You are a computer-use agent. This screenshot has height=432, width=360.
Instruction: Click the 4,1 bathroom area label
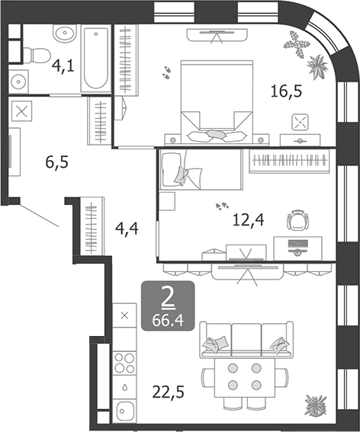coord(63,66)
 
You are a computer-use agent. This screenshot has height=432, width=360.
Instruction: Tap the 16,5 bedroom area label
coord(286,91)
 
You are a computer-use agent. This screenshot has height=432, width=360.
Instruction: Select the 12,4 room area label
coord(249,220)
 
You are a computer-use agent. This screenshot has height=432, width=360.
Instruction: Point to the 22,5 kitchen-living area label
coord(168,392)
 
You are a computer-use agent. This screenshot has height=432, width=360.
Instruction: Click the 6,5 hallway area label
coord(57,162)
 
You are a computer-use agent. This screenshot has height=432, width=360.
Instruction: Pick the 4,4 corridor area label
coord(127,229)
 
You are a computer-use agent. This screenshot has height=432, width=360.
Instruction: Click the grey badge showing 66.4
coord(168,306)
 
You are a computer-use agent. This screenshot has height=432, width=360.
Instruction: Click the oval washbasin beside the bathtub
coord(65,33)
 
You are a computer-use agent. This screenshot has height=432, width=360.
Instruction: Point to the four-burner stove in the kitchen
coord(124,363)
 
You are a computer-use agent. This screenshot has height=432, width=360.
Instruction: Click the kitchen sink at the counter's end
coord(124,411)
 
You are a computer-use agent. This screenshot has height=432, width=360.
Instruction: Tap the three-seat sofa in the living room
coord(246,340)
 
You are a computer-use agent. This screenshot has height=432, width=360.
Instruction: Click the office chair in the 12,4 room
coord(297,220)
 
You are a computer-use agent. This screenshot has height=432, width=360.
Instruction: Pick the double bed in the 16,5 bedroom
coord(217,102)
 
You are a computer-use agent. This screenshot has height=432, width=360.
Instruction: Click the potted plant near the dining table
coord(316,405)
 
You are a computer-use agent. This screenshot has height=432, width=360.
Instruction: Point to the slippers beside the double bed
coord(166,72)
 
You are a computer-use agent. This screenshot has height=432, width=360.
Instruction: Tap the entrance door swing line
coord(39,216)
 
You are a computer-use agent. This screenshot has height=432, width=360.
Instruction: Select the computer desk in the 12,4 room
coord(297,248)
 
